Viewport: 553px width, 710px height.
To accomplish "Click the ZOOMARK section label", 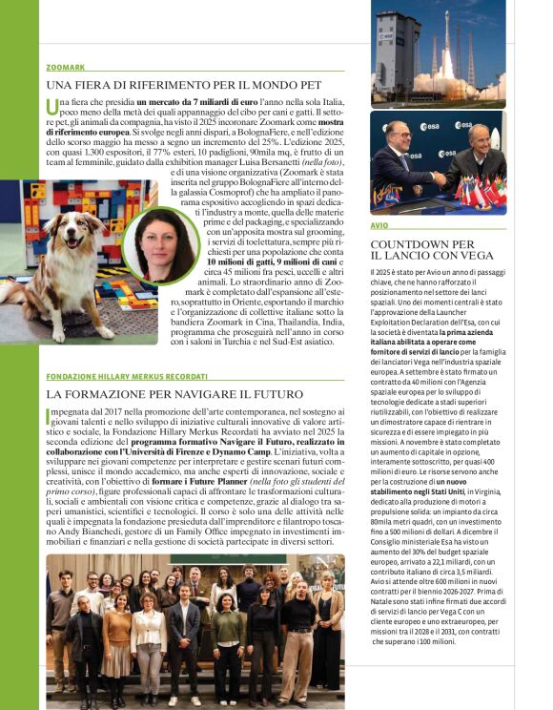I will pyautogui.click(x=65, y=67).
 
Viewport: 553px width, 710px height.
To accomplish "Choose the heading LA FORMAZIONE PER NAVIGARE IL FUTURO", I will pyautogui.click(x=174, y=394).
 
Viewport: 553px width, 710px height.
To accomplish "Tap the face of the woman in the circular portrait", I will pyautogui.click(x=155, y=242).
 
